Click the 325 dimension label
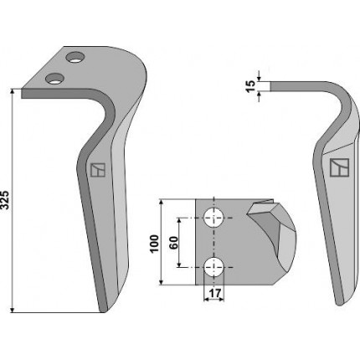pos(6,200)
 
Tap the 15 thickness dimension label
pos(251,86)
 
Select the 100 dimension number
pos(154,244)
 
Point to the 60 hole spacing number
pos(173,243)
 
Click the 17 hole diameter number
pos(215,293)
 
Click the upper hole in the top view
pos(214,218)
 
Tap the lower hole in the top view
pos(214,267)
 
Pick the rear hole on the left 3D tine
pos(75,57)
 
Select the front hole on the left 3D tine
pos(54,79)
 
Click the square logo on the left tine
pos(98,170)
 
